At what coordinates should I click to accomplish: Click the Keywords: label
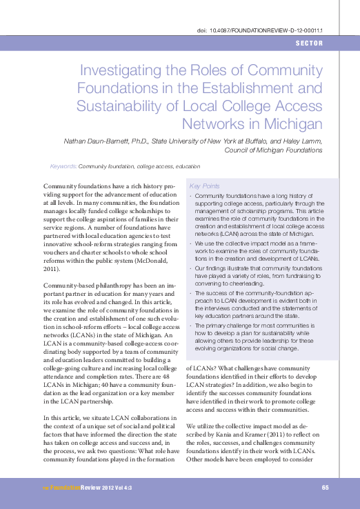click(x=63, y=167)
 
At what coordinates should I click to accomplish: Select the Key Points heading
click(x=205, y=186)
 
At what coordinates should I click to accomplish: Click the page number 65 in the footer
click(x=325, y=488)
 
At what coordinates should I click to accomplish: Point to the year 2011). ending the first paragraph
click(x=52, y=269)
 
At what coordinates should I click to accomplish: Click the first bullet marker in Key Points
click(x=190, y=197)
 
